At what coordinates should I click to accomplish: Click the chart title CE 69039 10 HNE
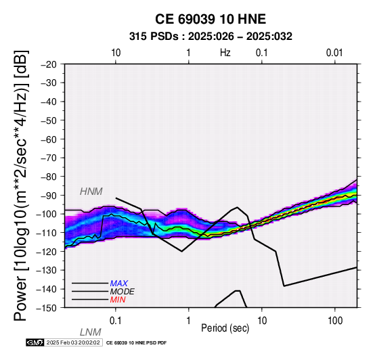[211, 19]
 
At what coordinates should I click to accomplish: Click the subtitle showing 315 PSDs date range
[211, 37]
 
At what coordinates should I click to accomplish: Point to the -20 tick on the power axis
[48, 64]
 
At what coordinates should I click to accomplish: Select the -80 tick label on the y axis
[48, 177]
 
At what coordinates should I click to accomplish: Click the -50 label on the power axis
[48, 120]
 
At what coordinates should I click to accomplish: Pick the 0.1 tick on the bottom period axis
[116, 321]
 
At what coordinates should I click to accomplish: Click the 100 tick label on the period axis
[335, 321]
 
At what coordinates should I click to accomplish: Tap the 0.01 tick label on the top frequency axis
[334, 53]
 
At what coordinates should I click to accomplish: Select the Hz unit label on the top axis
[225, 53]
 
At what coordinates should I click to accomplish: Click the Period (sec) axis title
[225, 328]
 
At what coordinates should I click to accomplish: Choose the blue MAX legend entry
[119, 284]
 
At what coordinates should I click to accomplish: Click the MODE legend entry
[123, 292]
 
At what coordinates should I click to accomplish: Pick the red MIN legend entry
[118, 300]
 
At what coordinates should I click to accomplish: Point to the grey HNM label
[91, 192]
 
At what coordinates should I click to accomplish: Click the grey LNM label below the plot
[91, 332]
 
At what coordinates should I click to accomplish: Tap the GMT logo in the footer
[35, 342]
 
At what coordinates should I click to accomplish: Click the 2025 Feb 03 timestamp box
[73, 342]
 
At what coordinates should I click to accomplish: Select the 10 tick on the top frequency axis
[116, 53]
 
